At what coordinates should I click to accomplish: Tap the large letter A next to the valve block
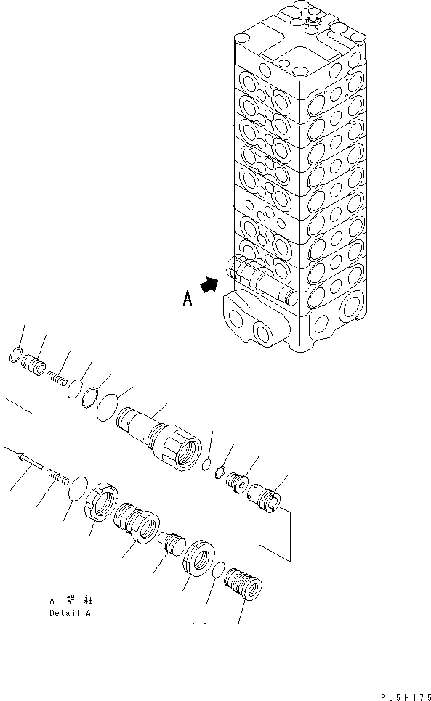[188, 300]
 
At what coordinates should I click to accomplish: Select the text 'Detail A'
[70, 613]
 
